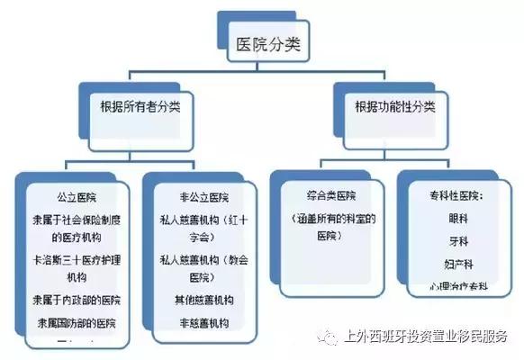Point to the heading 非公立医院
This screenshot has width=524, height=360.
(x=203, y=195)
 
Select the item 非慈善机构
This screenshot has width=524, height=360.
(x=203, y=321)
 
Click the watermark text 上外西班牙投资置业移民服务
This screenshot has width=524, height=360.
(x=425, y=337)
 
